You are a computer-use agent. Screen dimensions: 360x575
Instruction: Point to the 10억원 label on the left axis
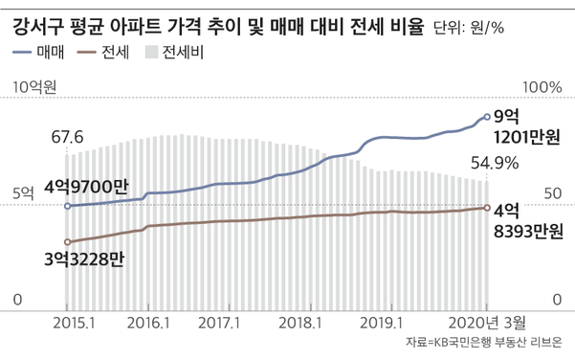coord(35,87)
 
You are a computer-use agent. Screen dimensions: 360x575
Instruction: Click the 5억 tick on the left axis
coord(23,193)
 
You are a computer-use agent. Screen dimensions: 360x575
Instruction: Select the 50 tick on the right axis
coord(549,193)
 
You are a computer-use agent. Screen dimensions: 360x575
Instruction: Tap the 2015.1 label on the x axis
coord(72,322)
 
